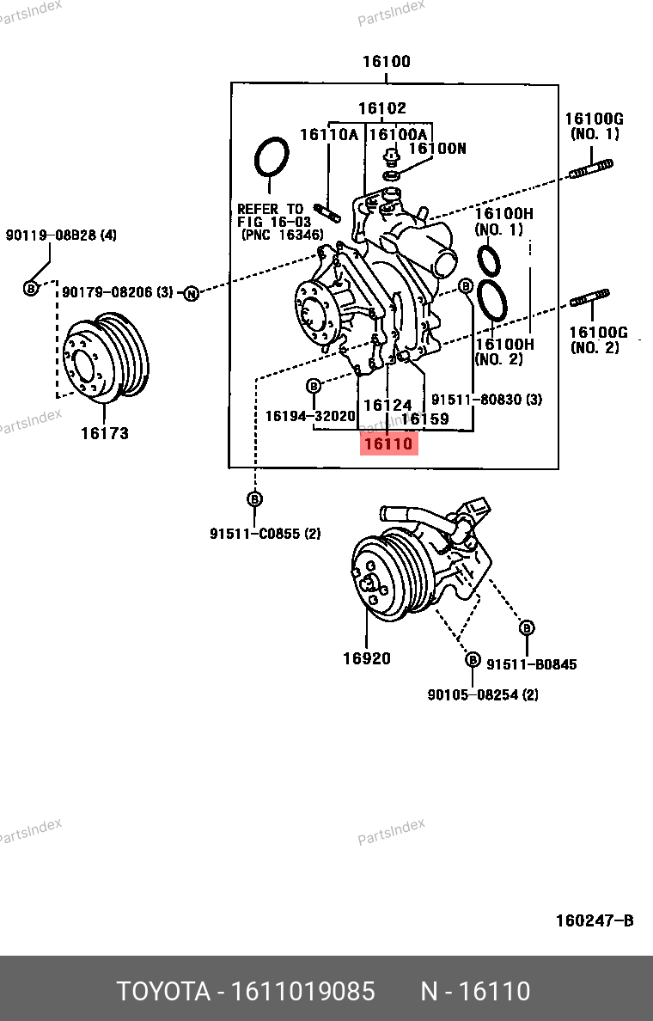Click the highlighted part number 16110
click(388, 444)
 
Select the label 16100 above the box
click(387, 61)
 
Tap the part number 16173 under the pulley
click(105, 433)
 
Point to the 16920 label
click(367, 658)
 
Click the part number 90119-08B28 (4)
click(61, 235)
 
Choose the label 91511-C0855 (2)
click(265, 534)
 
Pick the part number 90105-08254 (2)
click(483, 694)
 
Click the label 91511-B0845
click(532, 664)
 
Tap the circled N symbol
click(191, 294)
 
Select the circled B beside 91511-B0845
click(527, 627)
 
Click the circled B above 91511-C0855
click(254, 498)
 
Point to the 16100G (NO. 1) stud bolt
click(591, 168)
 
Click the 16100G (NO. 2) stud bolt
click(590, 298)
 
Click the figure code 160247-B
click(595, 920)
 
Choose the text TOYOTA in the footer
click(163, 991)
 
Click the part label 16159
click(425, 419)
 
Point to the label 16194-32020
click(310, 415)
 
